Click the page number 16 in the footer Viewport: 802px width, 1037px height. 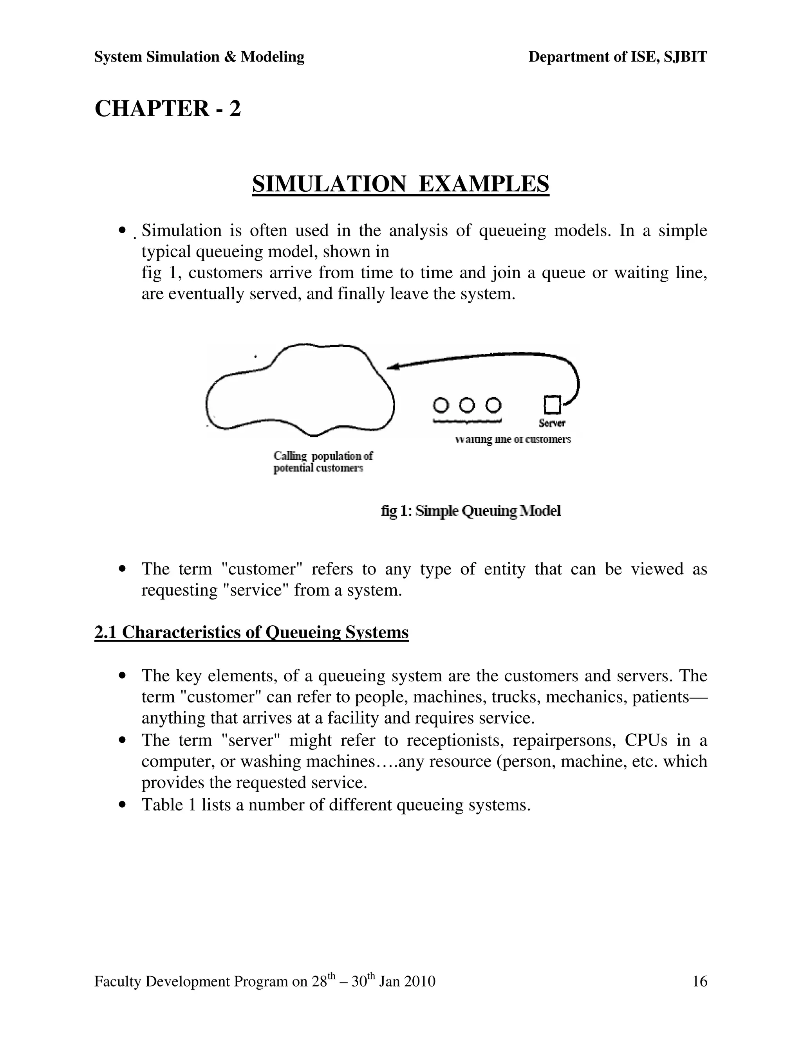click(699, 981)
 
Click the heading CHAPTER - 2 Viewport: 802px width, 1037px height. click(168, 109)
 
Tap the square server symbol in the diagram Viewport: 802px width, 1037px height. click(552, 405)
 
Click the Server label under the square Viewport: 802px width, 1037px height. click(552, 423)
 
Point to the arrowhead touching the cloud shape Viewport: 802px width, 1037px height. click(392, 366)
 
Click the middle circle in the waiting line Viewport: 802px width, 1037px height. click(468, 405)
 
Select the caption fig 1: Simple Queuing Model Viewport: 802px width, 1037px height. click(471, 511)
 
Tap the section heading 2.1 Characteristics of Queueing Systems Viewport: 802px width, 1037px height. click(251, 632)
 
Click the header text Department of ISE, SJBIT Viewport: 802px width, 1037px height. click(617, 57)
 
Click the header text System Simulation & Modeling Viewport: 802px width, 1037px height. click(199, 57)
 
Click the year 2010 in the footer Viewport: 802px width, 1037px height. click(419, 981)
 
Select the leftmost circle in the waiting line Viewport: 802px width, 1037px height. click(441, 405)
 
